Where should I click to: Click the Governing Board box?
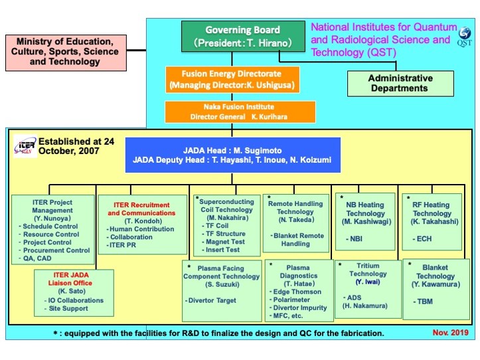pyautogui.click(x=243, y=36)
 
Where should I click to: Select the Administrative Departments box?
pyautogui.click(x=400, y=83)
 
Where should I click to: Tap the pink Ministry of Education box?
pyautogui.click(x=66, y=52)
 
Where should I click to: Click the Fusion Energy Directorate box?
pyautogui.click(x=232, y=79)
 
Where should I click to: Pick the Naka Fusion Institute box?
pyautogui.click(x=240, y=112)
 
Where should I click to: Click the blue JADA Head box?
pyautogui.click(x=232, y=155)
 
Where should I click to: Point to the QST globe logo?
pyautogui.click(x=465, y=33)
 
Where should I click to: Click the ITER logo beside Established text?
pyautogui.click(x=25, y=146)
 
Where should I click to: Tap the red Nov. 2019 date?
pyautogui.click(x=450, y=333)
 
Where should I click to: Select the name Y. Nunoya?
pyautogui.click(x=52, y=218)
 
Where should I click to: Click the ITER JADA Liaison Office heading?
pyautogui.click(x=70, y=279)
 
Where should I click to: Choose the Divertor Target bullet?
pyautogui.click(x=210, y=301)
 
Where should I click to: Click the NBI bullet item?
pyautogui.click(x=354, y=238)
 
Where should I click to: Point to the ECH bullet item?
pyautogui.click(x=422, y=238)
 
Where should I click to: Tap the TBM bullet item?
pyautogui.click(x=423, y=302)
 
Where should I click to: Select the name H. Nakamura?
pyautogui.click(x=365, y=306)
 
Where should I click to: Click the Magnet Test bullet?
pyautogui.click(x=223, y=242)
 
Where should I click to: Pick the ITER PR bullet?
pyautogui.click(x=121, y=245)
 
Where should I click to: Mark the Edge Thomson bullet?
pyautogui.click(x=295, y=292)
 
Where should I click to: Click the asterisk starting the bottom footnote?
pyautogui.click(x=55, y=333)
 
